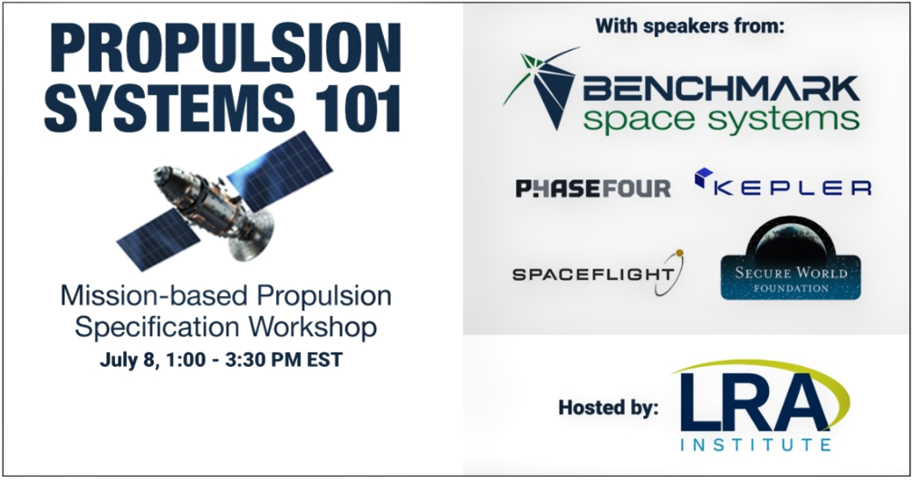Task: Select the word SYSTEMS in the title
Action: click(x=169, y=109)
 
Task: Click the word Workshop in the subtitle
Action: click(x=312, y=326)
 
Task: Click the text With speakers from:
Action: click(x=689, y=27)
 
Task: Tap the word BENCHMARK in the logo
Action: click(x=720, y=89)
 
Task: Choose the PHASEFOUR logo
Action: click(x=593, y=188)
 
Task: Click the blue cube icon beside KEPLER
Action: click(x=705, y=177)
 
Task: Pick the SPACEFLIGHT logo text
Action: click(x=593, y=274)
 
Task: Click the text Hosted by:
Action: click(x=609, y=407)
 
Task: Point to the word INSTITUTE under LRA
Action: click(x=755, y=446)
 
